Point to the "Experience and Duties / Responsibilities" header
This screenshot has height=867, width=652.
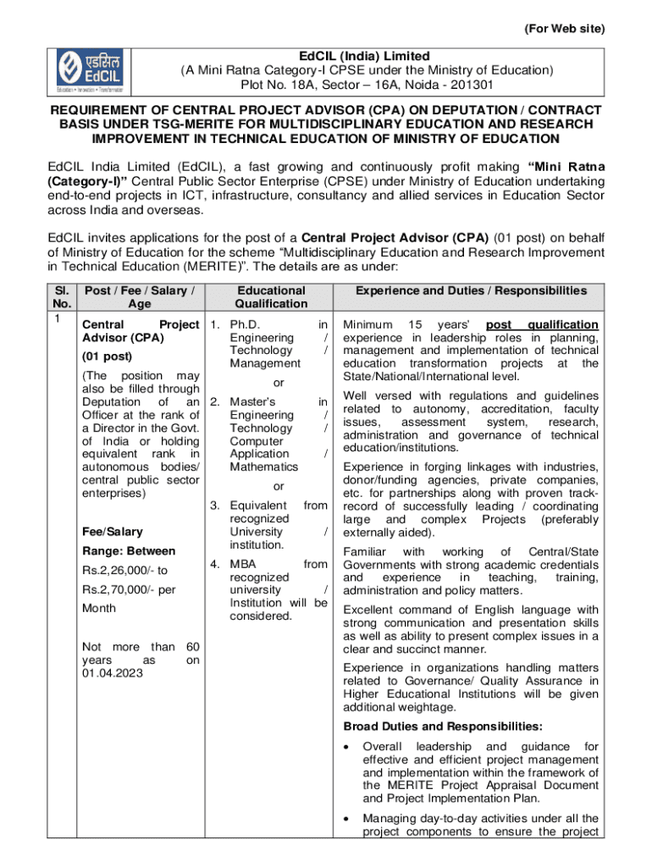(470, 290)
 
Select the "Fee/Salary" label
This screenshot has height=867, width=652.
(112, 532)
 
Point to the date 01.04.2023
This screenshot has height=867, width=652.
(112, 672)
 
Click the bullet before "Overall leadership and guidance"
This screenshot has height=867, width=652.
(348, 747)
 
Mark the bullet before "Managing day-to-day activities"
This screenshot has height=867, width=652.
(348, 818)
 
